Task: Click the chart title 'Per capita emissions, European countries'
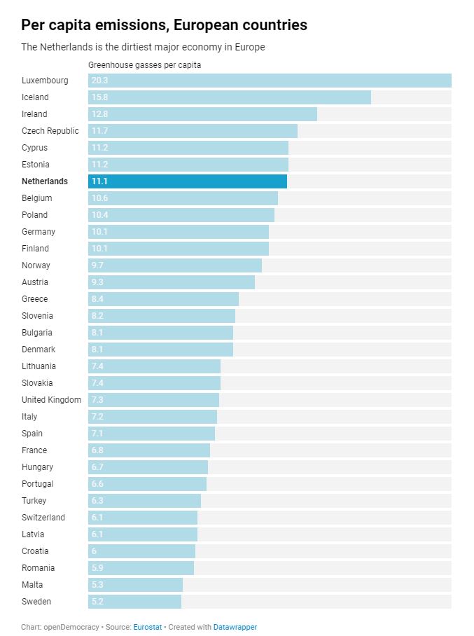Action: point(164,25)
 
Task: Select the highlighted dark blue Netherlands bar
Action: point(188,181)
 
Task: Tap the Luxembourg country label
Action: point(45,81)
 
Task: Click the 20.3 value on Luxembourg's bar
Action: point(99,81)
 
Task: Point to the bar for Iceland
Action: point(229,97)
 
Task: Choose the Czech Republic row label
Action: point(50,131)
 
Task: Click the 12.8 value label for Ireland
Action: point(99,114)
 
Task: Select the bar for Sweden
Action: point(134,602)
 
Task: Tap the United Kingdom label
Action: point(51,400)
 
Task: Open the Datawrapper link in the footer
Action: point(235,627)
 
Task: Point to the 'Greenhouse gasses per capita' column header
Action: point(144,65)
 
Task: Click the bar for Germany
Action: point(179,232)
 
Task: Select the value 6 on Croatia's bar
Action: point(95,551)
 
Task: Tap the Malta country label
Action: point(32,585)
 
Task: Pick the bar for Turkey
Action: point(144,501)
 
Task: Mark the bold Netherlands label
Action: point(45,181)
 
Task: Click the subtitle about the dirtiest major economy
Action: point(143,47)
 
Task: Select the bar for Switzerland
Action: point(143,518)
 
